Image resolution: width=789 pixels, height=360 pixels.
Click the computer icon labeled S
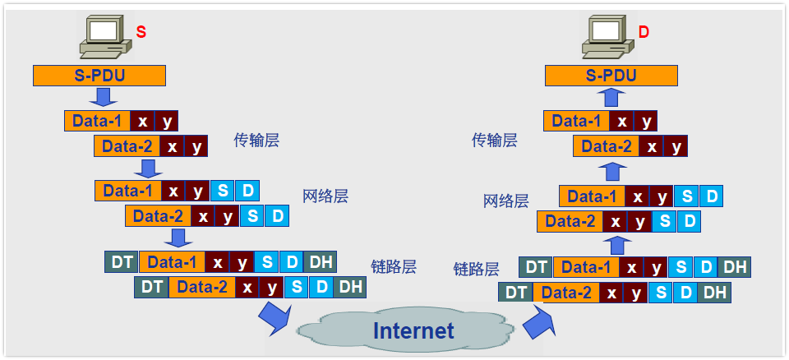coord(105,36)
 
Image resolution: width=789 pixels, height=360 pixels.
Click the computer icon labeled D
coord(608,36)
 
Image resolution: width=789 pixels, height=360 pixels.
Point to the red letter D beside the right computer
coord(644,33)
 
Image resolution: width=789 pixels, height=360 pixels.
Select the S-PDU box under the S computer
coord(99,76)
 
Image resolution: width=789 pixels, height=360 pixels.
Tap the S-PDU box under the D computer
coord(611,76)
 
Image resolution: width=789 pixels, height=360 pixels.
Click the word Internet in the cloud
coord(413,330)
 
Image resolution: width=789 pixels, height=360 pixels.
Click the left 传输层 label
coord(256,140)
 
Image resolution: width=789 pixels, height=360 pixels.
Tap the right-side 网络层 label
coord(505,201)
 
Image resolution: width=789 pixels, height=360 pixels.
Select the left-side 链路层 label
coord(394,266)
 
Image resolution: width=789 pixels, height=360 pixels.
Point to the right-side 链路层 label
coord(476,269)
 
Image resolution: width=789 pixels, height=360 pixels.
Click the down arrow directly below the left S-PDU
coord(104,98)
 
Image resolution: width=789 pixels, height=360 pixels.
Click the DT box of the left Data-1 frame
coord(122,262)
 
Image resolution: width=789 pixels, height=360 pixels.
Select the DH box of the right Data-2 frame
coord(713,292)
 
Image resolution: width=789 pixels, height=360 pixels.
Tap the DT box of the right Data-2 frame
coord(516,292)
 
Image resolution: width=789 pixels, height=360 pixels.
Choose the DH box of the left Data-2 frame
coord(350,287)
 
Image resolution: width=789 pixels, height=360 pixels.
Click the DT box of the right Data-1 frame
coord(536,267)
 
